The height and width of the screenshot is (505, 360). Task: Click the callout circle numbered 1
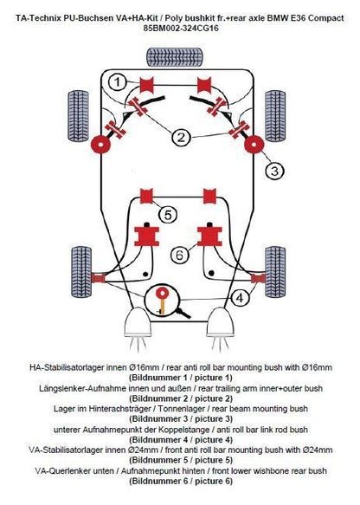point(118,81)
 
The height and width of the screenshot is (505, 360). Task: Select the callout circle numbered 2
point(182,138)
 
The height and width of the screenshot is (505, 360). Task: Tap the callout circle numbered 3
point(274,171)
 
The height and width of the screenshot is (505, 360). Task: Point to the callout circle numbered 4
point(240,298)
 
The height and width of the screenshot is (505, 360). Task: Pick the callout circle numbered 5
point(168,214)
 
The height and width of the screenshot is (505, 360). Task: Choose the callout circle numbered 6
point(179,255)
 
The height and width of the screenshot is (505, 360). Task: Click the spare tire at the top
point(175,57)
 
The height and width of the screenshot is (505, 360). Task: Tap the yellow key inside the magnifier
point(162,301)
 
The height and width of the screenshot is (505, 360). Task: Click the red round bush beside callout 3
point(254,145)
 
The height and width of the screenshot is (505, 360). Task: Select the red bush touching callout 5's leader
point(146,196)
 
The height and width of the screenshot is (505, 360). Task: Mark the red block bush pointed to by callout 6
point(209,236)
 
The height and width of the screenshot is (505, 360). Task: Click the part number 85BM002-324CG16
point(181,29)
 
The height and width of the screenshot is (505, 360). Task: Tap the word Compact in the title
point(326,18)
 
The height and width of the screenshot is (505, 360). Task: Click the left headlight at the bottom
point(138,322)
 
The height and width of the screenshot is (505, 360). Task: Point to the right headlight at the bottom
point(220,322)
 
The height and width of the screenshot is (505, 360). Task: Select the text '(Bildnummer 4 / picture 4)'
point(181,440)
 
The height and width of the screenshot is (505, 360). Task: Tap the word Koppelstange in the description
point(186,430)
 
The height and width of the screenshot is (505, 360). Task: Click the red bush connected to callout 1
point(147,85)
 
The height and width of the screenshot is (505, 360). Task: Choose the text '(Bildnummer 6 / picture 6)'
point(181,481)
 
